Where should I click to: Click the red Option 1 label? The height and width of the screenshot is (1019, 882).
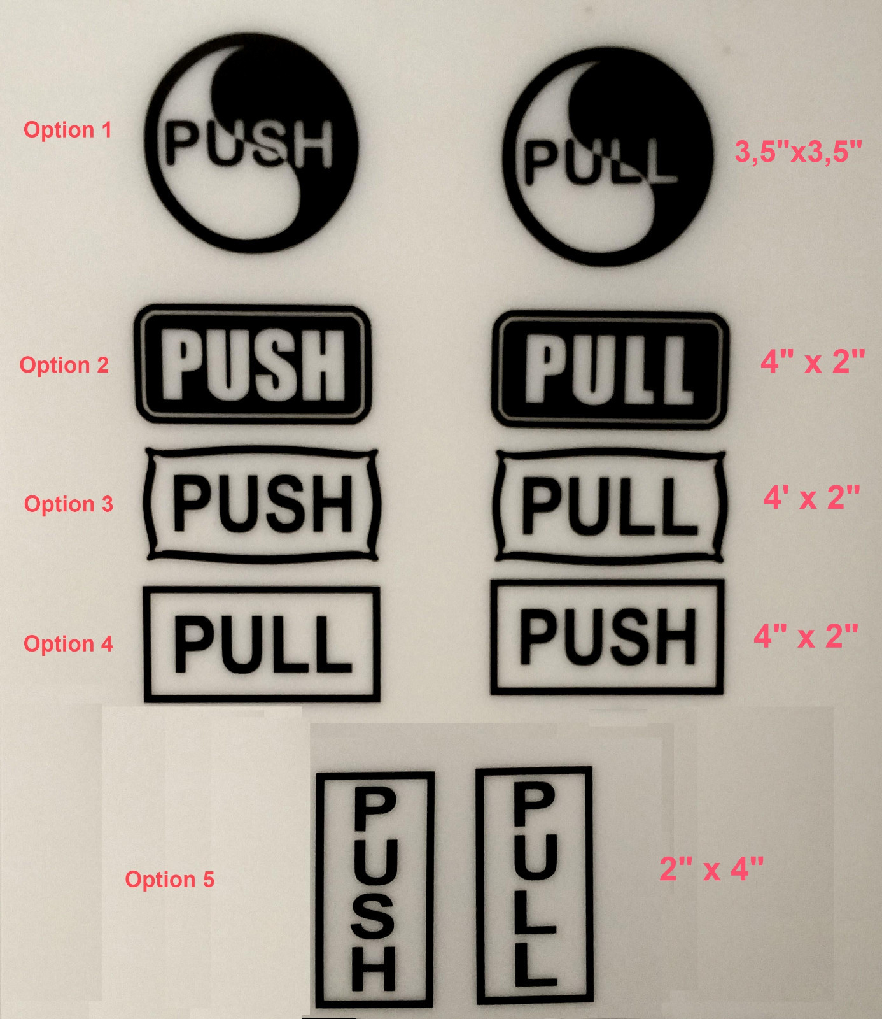pos(67,130)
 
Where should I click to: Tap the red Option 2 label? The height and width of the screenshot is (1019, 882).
pos(64,365)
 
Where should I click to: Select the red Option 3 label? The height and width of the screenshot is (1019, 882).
pos(68,504)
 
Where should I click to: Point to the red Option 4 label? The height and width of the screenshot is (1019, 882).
pos(68,644)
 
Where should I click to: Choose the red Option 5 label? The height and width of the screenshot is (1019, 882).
pos(169,880)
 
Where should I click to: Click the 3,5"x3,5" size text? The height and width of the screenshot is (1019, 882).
pos(798,152)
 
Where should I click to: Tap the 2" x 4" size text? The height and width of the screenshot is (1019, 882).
pos(711,869)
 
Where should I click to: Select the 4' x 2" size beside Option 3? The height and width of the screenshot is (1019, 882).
pos(811,497)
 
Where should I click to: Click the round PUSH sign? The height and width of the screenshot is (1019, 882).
pos(252,143)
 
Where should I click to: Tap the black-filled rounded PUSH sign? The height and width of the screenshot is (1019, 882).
pos(253,365)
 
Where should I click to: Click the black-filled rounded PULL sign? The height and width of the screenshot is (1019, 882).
pos(609,370)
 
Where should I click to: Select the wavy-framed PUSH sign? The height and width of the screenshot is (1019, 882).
pos(262,503)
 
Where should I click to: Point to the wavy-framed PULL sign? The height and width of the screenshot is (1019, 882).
pos(609,506)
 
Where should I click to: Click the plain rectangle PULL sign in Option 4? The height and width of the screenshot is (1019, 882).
pos(262,644)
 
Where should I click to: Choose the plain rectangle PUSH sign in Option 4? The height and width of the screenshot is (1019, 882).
pos(607,636)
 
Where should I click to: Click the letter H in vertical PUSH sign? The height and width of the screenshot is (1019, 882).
pos(374,968)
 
